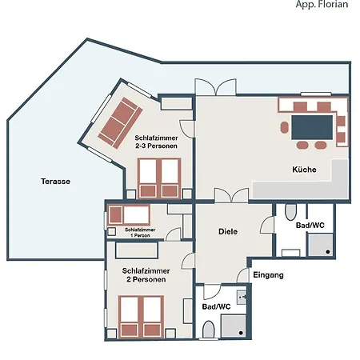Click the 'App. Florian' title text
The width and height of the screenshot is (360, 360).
(x=323, y=5)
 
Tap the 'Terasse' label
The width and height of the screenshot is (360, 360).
(x=55, y=182)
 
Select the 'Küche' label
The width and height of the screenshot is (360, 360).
(x=304, y=170)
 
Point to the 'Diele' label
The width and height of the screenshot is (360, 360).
(x=229, y=231)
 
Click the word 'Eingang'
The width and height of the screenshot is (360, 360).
(x=268, y=275)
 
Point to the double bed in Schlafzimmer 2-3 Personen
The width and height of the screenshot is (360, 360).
(x=158, y=178)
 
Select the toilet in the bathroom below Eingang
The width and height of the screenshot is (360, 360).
(x=209, y=330)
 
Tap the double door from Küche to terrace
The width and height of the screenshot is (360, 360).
(x=216, y=86)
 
